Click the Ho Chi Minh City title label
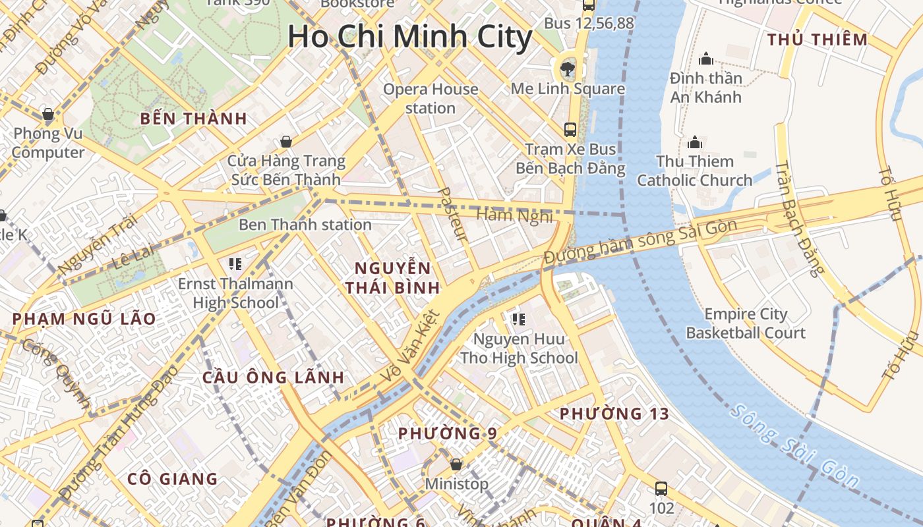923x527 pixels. click(409, 36)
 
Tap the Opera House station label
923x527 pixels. click(431, 98)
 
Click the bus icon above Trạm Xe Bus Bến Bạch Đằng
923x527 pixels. click(570, 130)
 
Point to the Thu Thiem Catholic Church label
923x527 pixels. click(694, 171)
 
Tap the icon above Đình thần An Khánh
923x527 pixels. click(706, 59)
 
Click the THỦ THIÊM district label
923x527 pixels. click(818, 40)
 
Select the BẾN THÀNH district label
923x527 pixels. click(194, 119)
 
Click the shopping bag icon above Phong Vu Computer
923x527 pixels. click(48, 114)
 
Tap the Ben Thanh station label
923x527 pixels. click(305, 225)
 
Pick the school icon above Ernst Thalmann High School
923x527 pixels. click(235, 264)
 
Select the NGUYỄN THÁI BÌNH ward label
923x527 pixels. click(393, 278)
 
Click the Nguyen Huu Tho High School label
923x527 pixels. click(519, 349)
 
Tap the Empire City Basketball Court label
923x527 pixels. click(746, 323)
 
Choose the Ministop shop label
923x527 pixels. click(456, 484)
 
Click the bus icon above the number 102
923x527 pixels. click(661, 489)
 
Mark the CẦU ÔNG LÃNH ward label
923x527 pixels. click(273, 377)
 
